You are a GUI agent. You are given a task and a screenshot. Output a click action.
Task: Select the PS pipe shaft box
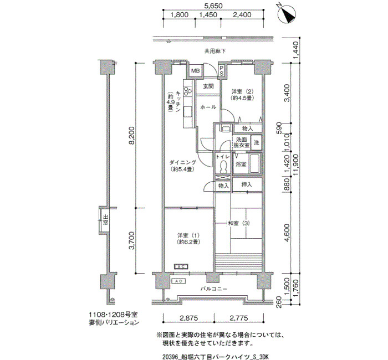point(222,70)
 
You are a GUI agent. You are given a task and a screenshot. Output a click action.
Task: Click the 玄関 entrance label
point(208,86)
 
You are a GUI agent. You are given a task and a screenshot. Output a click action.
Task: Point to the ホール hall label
point(208,107)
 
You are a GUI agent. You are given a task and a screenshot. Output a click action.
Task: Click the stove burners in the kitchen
point(187,91)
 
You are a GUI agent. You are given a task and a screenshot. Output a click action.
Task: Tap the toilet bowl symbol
point(224,166)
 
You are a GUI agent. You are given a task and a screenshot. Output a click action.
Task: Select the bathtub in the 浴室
point(254,163)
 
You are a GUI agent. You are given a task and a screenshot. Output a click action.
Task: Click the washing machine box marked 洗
point(256,143)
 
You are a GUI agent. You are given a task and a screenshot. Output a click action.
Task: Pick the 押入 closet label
point(247,184)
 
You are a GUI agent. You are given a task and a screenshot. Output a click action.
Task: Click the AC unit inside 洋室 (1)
point(181,267)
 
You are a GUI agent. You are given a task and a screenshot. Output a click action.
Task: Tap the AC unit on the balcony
point(178,281)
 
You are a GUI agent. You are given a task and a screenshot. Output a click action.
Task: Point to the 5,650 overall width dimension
point(213,6)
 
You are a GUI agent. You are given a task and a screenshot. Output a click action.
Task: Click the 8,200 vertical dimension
point(132,135)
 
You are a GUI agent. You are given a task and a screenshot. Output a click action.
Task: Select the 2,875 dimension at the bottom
point(189,318)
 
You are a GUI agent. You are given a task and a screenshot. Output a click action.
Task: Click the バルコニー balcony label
point(213,289)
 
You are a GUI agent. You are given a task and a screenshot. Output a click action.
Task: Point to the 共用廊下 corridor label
point(215,51)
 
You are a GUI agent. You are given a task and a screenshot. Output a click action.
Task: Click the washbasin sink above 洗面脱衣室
point(225,129)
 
